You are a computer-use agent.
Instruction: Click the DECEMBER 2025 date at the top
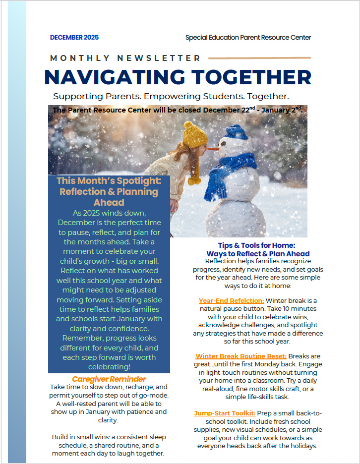pyautogui.click(x=74, y=38)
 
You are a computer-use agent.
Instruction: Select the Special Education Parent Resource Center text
pyautogui.click(x=248, y=38)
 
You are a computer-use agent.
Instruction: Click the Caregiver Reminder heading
pyautogui.click(x=109, y=379)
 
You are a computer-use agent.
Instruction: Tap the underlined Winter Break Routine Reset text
pyautogui.click(x=241, y=356)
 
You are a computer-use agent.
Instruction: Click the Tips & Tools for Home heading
pyautogui.click(x=256, y=245)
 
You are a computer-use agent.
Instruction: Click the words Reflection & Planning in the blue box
pyautogui.click(x=109, y=191)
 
